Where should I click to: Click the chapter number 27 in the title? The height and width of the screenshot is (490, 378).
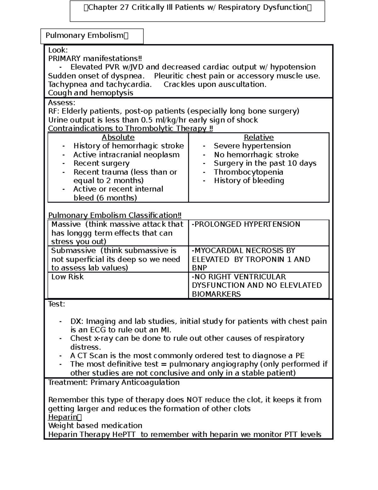(x=124, y=8)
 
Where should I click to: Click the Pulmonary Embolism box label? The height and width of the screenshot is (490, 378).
(x=84, y=35)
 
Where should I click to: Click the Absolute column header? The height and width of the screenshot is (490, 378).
(x=118, y=138)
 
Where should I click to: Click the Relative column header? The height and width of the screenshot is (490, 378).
(x=259, y=138)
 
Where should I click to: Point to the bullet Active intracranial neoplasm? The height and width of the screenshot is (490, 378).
(x=126, y=155)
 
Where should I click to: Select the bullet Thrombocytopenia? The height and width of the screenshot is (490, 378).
(x=248, y=172)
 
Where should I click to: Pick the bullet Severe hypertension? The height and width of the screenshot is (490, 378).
(x=252, y=146)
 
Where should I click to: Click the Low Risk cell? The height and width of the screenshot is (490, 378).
(x=67, y=277)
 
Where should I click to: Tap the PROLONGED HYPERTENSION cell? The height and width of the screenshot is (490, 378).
(x=246, y=224)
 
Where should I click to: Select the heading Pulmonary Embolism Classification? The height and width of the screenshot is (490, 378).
(x=115, y=215)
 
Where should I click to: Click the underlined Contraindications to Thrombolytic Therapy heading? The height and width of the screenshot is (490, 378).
(x=130, y=129)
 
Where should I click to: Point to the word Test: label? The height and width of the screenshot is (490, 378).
(x=56, y=304)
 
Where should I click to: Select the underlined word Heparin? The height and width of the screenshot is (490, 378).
(x=63, y=417)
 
